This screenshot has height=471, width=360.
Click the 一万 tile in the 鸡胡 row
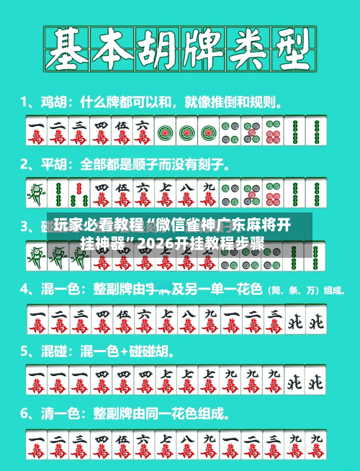[36, 131]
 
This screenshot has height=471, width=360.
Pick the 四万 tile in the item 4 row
[101, 320]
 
